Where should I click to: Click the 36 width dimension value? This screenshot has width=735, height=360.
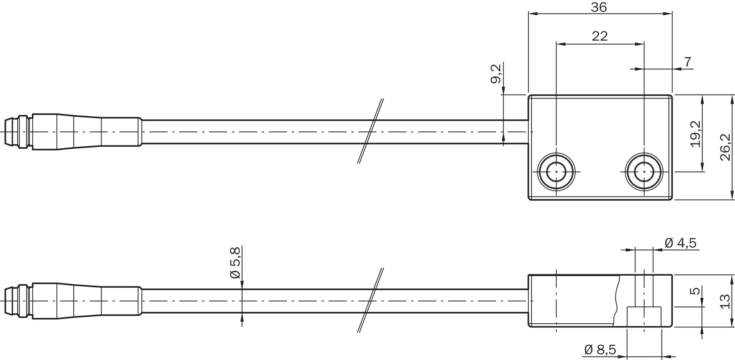tap(599, 7)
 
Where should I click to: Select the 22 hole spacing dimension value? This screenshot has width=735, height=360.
tap(599, 36)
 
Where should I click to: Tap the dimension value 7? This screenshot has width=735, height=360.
tap(688, 62)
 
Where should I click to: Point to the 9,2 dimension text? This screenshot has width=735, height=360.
tap(495, 74)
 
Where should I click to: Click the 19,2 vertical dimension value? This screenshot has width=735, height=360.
tap(696, 134)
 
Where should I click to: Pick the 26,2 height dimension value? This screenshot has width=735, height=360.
tap(725, 147)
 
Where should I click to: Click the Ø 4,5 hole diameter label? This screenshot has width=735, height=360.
tap(680, 243)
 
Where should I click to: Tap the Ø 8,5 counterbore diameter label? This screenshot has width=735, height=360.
tap(600, 349)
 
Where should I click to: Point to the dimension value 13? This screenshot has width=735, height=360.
tap(725, 301)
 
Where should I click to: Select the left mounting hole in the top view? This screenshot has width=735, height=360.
tap(556, 172)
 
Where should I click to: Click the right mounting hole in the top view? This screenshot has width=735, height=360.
tap(644, 172)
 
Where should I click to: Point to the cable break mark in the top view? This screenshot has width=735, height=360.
tap(371, 131)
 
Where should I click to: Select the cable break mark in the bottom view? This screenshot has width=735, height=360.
tap(371, 300)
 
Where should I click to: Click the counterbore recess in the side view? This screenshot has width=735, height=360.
tap(644, 316)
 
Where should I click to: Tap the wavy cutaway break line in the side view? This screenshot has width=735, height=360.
tap(617, 301)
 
